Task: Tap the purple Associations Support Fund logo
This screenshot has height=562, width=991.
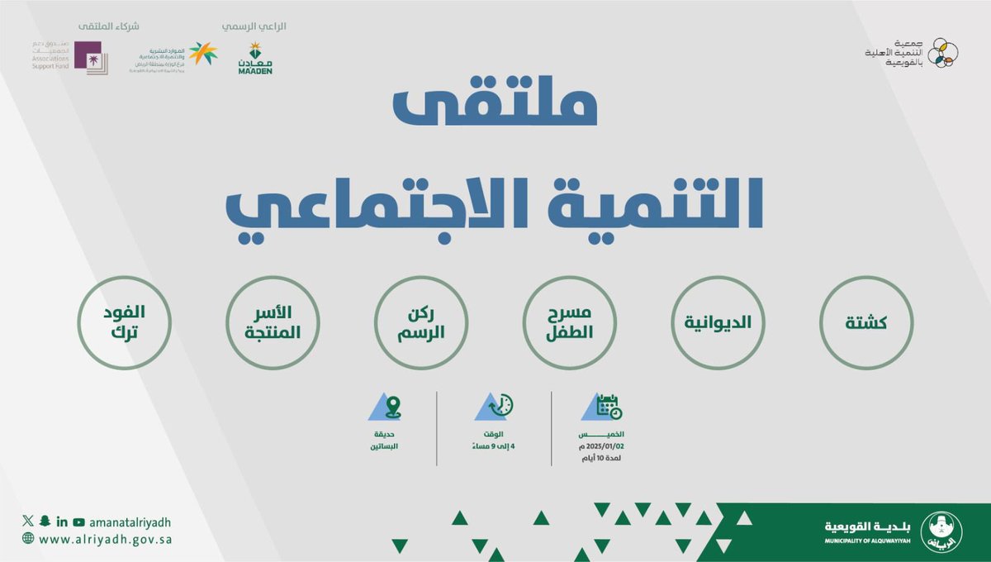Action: tap(88, 57)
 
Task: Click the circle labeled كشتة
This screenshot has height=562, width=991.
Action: tap(866, 322)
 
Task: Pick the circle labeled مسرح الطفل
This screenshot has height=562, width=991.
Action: tap(570, 322)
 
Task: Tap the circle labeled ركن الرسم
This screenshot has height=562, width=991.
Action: tap(421, 322)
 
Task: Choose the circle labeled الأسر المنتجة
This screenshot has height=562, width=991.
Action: tap(273, 322)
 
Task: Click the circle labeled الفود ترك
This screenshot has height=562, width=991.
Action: tap(124, 322)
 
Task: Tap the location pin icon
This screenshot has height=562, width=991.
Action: tap(392, 407)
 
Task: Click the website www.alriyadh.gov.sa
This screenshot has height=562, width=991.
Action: tap(105, 539)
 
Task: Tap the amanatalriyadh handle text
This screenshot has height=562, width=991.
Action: tap(130, 522)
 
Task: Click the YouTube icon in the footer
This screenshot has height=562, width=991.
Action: tap(78, 522)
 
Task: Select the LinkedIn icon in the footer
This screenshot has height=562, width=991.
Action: tap(61, 522)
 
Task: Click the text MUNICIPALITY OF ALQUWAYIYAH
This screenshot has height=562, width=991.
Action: tap(866, 540)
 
